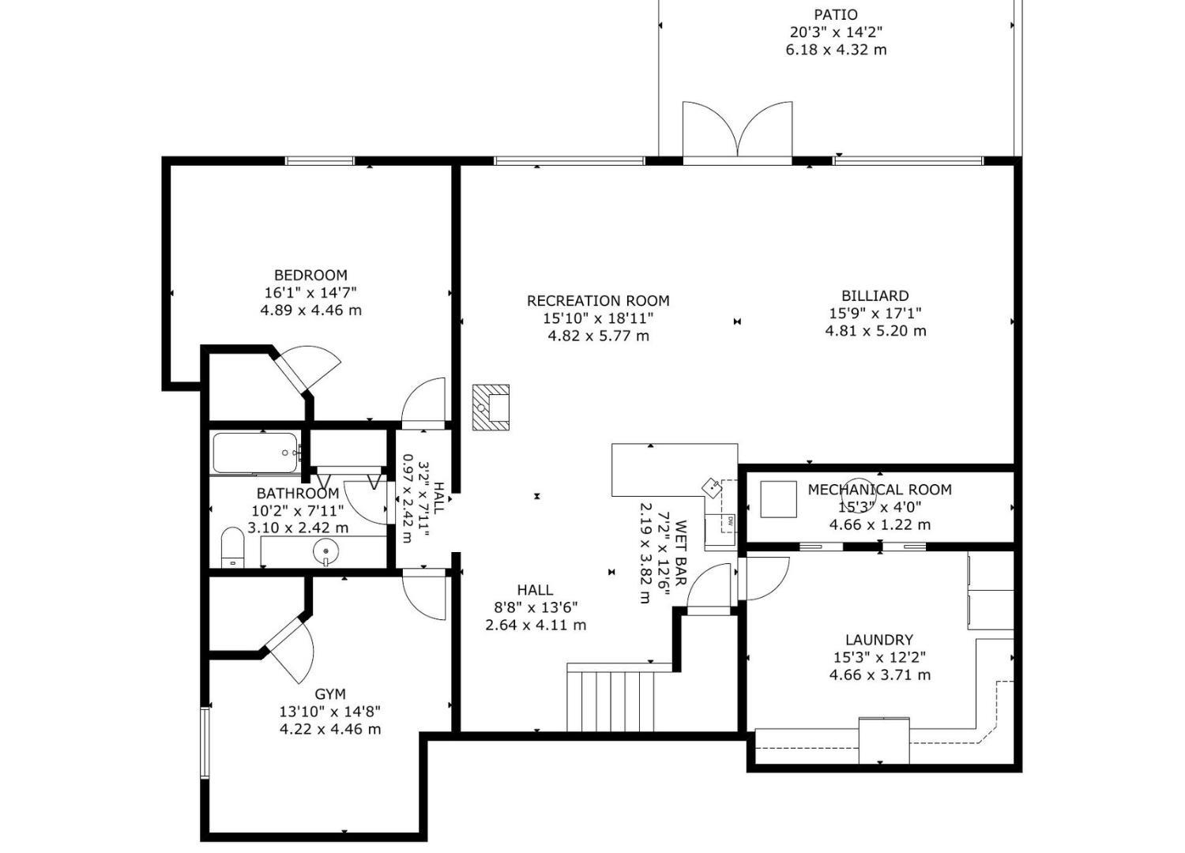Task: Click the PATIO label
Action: (836, 14)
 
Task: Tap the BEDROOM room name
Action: (310, 275)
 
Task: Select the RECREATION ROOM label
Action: (598, 301)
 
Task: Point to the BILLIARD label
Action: (875, 295)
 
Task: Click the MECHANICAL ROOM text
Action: (879, 490)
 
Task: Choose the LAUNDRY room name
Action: (879, 640)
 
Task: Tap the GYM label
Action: (330, 694)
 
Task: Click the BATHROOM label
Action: (298, 494)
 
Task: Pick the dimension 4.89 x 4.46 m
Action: (310, 310)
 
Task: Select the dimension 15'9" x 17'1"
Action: (875, 314)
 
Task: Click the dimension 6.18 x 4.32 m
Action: (836, 51)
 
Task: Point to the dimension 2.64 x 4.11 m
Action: (536, 625)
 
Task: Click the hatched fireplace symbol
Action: (491, 408)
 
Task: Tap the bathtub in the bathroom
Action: (255, 453)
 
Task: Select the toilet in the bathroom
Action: (232, 547)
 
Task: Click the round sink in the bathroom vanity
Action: (325, 551)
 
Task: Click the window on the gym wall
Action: (205, 742)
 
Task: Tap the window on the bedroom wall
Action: (319, 161)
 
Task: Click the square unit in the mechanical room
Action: (779, 499)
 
